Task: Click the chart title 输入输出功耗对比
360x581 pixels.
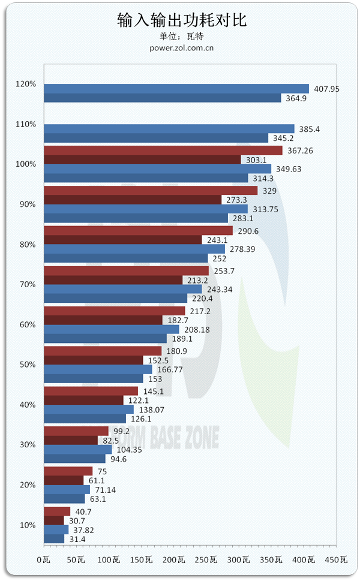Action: pyautogui.click(x=182, y=21)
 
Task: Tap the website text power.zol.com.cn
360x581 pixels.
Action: pyautogui.click(x=182, y=48)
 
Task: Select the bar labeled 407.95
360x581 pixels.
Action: pyautogui.click(x=176, y=89)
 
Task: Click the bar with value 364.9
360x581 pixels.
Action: pyautogui.click(x=163, y=98)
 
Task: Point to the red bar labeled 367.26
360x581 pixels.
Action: pyautogui.click(x=163, y=150)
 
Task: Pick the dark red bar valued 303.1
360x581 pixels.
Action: pyautogui.click(x=143, y=159)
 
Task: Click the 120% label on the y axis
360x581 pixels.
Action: pyautogui.click(x=26, y=84)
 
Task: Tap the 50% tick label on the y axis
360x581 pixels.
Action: pyautogui.click(x=28, y=365)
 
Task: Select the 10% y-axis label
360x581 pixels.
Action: pyautogui.click(x=28, y=525)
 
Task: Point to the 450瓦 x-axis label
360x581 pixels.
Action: pyautogui.click(x=336, y=559)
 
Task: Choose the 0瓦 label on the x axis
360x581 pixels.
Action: pyautogui.click(x=43, y=559)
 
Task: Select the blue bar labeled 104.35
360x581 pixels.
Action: pyautogui.click(x=78, y=450)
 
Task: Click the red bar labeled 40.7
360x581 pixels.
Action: pyautogui.click(x=57, y=511)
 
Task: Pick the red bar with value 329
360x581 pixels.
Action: pyautogui.click(x=151, y=191)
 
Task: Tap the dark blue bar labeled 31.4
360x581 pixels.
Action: pyautogui.click(x=54, y=538)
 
